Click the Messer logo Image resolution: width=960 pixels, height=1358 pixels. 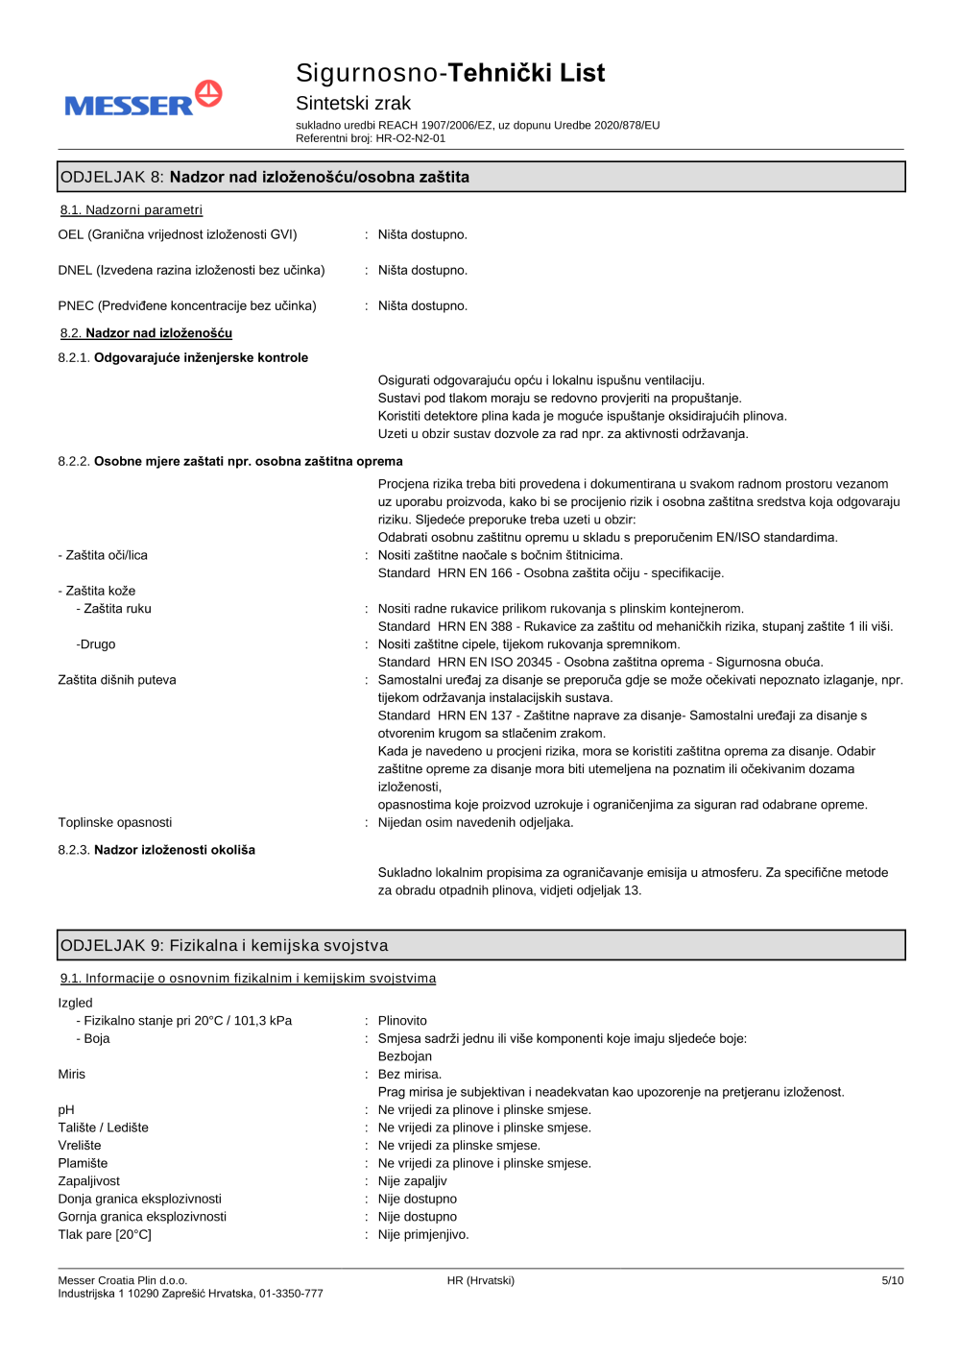[143, 99]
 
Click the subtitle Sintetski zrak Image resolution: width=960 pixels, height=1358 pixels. [352, 103]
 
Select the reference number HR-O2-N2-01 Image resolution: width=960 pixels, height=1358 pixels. [410, 138]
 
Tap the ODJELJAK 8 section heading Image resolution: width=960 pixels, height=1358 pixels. [265, 177]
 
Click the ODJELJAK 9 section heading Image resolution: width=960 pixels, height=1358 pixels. [225, 945]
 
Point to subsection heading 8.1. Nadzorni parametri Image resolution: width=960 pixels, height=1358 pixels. [132, 210]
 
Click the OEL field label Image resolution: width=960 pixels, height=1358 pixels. [178, 234]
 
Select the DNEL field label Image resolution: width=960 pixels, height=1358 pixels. [191, 270]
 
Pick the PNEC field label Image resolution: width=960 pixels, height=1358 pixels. [187, 305]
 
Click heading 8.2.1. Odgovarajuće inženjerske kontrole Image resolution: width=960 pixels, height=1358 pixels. [183, 357]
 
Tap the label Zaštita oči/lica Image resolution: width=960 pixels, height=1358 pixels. [103, 555]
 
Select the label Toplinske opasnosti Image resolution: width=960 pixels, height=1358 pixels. [115, 822]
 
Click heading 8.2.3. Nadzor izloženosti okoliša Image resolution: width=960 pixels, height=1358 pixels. [156, 850]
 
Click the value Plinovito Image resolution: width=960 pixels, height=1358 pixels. [402, 1021]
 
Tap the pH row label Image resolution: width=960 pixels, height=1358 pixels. [66, 1110]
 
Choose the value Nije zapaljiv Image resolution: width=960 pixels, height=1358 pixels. [412, 1181]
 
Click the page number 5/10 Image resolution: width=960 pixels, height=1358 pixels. [892, 1280]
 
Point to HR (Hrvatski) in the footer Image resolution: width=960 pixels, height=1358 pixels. [480, 1280]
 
